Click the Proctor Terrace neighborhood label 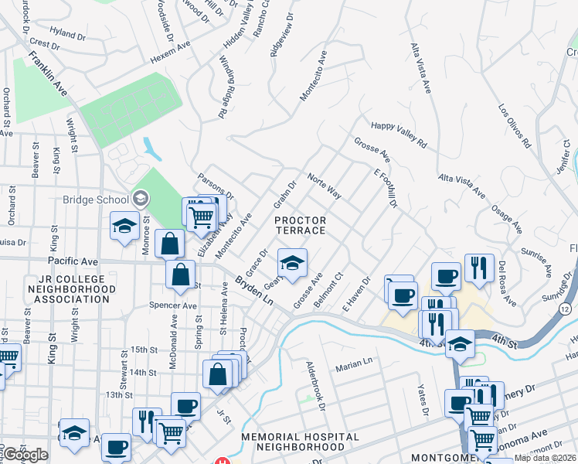(x=301, y=227)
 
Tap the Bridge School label (x=96, y=199)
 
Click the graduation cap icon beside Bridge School (x=140, y=199)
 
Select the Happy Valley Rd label (x=399, y=134)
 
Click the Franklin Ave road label (x=49, y=75)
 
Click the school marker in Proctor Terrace (x=292, y=264)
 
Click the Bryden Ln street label (x=254, y=289)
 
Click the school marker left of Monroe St (x=124, y=227)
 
